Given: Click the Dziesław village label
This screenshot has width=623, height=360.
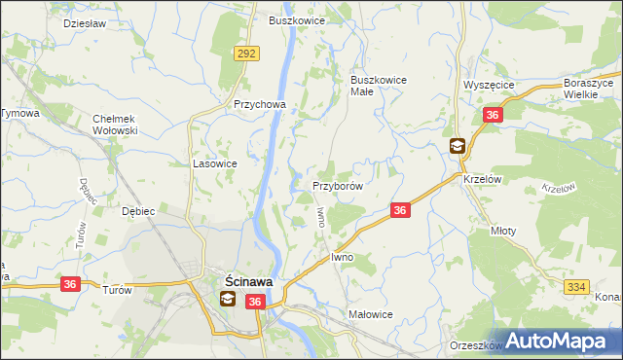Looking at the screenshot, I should tap(85, 21).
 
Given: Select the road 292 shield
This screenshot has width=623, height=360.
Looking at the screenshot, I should tap(245, 54).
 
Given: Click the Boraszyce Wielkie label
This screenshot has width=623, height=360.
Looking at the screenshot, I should tap(591, 90).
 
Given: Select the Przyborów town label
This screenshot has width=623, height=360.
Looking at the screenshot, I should tap(338, 186).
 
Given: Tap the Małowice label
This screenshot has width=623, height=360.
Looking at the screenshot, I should tap(370, 314).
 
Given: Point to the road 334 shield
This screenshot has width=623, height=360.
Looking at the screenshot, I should tap(575, 286).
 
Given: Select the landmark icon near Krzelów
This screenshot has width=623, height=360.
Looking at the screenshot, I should tap(457, 147).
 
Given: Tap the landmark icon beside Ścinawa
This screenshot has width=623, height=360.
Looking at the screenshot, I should tap(226, 300).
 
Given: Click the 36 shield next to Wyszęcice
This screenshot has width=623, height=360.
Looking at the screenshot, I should tap(492, 116).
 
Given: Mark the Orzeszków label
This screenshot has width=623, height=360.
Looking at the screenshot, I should tap(475, 345).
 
